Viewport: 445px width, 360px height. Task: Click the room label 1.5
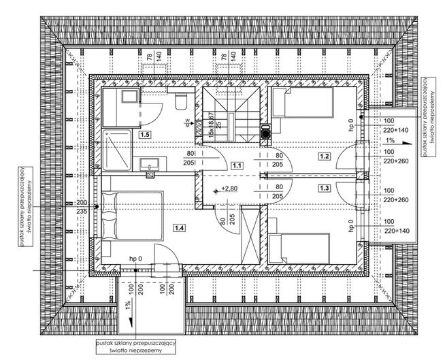pyautogui.click(x=145, y=135)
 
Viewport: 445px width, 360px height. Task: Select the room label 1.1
pyautogui.click(x=237, y=165)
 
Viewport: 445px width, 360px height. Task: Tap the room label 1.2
pyautogui.click(x=325, y=156)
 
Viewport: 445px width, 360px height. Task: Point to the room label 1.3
pyautogui.click(x=325, y=188)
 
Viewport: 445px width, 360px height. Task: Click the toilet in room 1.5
pyautogui.click(x=180, y=101)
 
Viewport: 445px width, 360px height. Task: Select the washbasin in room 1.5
pyautogui.click(x=148, y=163)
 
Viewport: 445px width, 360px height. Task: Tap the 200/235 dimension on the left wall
pyautogui.click(x=82, y=208)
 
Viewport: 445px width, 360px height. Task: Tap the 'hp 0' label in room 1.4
pyautogui.click(x=135, y=259)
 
